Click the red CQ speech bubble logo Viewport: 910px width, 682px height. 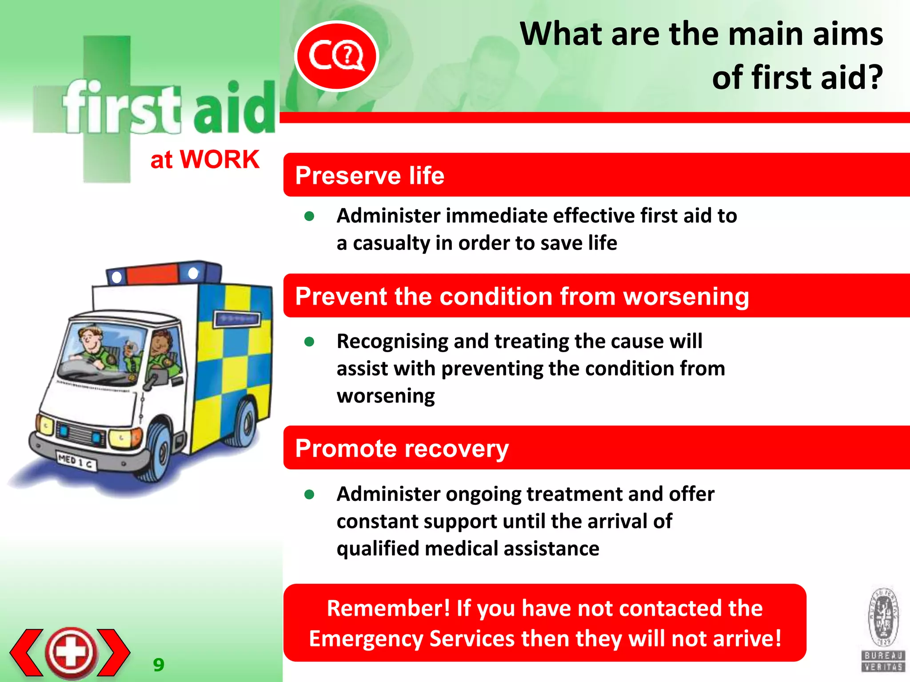[336, 56]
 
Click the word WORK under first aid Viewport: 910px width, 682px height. [220, 159]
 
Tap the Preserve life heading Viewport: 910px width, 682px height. [370, 175]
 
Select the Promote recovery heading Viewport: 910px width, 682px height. [402, 448]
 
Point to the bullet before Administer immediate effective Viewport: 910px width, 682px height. [310, 216]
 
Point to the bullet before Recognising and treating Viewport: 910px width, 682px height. [310, 342]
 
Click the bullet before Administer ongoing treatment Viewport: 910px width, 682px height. [310, 494]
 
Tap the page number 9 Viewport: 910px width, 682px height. [159, 665]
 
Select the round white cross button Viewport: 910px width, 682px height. [71, 652]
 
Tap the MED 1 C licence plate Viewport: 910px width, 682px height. [76, 461]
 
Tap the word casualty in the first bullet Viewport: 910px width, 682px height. [391, 243]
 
